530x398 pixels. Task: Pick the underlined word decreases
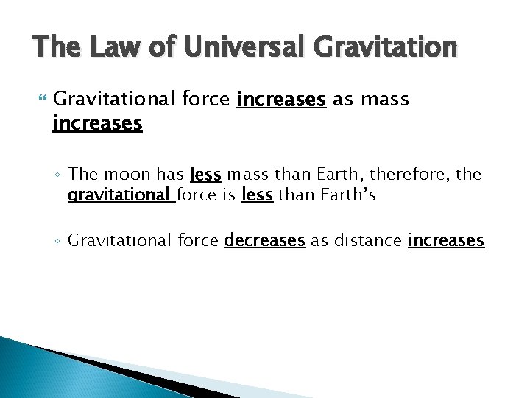pyautogui.click(x=264, y=241)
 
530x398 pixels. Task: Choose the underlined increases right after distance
pyautogui.click(x=446, y=241)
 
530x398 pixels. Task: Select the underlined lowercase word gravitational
pyautogui.click(x=120, y=196)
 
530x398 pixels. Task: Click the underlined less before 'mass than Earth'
pyautogui.click(x=205, y=175)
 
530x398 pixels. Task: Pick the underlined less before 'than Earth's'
pyautogui.click(x=257, y=196)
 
